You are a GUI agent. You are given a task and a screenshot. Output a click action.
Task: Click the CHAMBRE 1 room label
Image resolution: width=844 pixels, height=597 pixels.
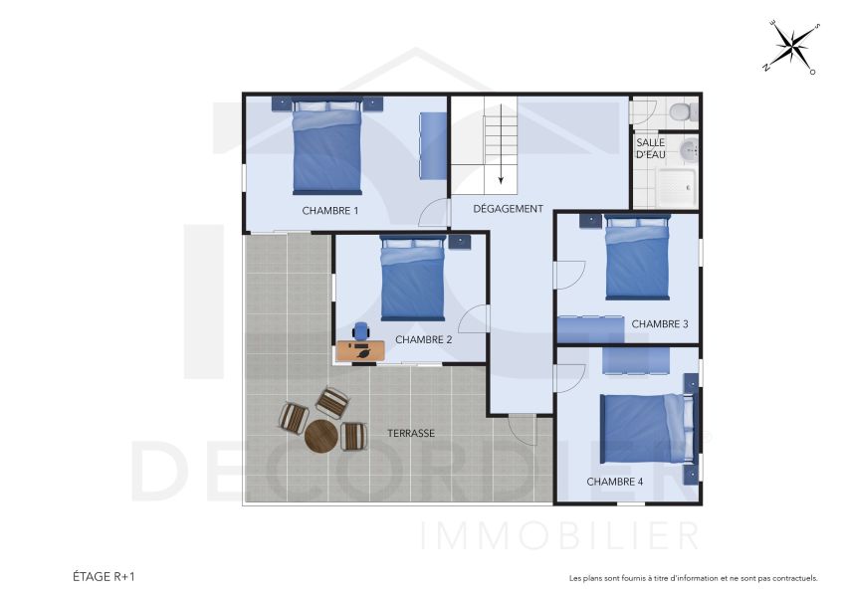329,211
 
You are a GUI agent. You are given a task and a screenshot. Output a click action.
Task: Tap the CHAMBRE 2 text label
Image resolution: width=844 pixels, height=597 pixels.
423,339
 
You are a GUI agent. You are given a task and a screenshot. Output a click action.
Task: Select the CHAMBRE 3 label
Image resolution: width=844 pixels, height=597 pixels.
659,324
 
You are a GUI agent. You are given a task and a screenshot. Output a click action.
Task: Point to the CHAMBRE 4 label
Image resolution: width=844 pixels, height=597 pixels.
614,482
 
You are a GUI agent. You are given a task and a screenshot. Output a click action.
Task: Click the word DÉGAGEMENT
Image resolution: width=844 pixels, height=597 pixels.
508,209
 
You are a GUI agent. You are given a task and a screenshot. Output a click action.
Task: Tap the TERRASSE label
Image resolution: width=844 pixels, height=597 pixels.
411,434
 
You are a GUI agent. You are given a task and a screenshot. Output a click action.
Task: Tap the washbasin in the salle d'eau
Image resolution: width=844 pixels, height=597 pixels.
688,150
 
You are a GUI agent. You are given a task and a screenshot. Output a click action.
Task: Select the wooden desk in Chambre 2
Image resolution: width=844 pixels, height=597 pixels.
360,350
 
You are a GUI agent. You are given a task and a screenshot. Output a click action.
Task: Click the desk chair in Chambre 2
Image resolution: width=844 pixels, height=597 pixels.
360,331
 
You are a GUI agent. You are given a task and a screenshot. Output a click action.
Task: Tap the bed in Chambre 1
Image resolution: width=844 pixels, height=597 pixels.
326,149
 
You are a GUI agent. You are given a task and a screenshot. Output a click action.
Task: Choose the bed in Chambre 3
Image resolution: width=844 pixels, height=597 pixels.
637,258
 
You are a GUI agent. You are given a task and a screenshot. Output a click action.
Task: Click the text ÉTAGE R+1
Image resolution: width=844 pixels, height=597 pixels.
104,576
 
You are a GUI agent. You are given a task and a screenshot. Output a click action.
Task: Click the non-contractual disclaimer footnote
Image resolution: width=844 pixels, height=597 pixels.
693,577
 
